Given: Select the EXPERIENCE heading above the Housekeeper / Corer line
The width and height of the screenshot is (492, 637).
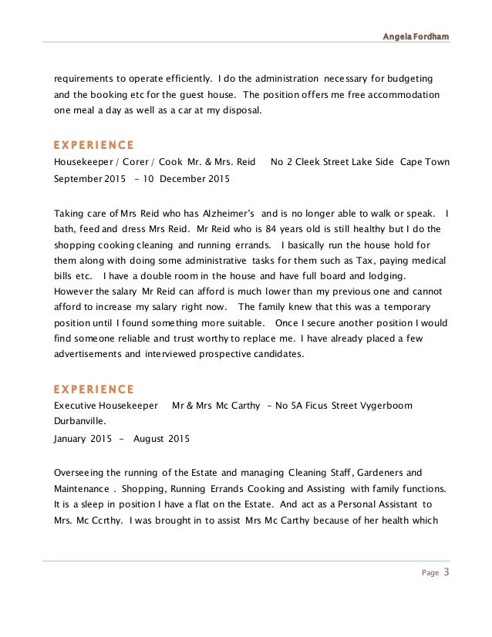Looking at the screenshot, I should coord(93,144).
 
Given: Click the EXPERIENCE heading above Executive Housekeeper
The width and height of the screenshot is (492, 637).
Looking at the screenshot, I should coord(93,389).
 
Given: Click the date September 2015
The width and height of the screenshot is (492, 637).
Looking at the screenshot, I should coord(88,178).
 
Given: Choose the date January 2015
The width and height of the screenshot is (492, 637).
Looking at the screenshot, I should coord(79,439).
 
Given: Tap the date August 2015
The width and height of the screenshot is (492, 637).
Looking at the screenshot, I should coord(160,439).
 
